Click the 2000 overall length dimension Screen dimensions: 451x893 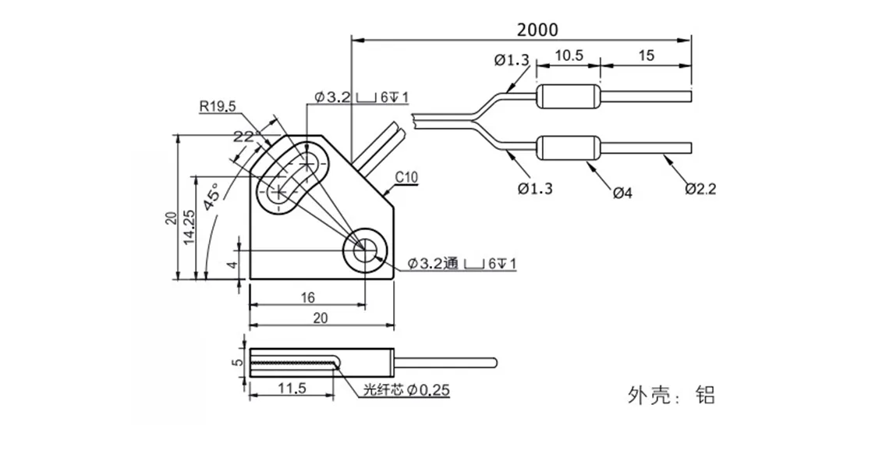pos(537,29)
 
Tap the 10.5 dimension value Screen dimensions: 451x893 pos(569,55)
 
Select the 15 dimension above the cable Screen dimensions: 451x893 pos(646,55)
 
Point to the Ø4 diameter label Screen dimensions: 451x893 pos(622,192)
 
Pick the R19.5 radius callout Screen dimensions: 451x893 pos(218,107)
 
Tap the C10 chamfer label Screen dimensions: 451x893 pos(406,178)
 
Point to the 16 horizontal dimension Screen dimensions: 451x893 pos(307,297)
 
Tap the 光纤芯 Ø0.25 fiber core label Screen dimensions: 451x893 pos(406,390)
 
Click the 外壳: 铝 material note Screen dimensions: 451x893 pos(671,395)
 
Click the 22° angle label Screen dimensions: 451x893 pos(243,137)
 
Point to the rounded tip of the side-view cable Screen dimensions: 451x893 pos(493,361)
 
